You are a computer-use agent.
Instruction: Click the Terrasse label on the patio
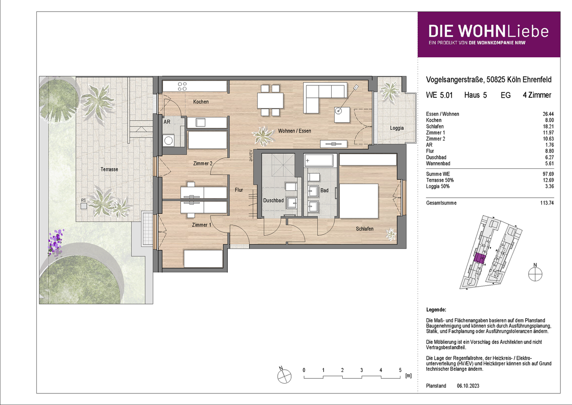coord(109,169)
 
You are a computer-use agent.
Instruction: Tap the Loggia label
coord(397,128)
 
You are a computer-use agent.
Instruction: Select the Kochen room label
coord(201,102)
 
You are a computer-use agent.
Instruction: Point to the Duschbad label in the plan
coord(273,200)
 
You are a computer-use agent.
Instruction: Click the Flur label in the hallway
coord(239,190)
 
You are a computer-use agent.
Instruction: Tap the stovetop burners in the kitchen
coord(182,86)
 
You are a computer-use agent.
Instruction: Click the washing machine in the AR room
coord(168,140)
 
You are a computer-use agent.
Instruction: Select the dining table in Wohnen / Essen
coord(270,101)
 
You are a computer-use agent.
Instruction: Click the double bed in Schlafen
coord(358,201)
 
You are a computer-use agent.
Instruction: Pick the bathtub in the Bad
coord(319,160)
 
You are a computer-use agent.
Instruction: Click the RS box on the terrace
coord(83,206)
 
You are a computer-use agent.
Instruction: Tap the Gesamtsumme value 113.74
coord(547,203)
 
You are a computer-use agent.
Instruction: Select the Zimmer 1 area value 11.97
coord(548,133)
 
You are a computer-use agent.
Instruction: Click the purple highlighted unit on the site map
coord(480,259)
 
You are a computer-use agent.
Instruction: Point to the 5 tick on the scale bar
coord(400,370)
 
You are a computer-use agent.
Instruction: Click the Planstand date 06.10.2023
coord(468,386)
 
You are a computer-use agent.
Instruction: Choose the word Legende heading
coord(436,310)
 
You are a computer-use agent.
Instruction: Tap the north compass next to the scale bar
coord(284,376)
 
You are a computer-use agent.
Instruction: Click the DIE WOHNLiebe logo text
coord(489,31)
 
